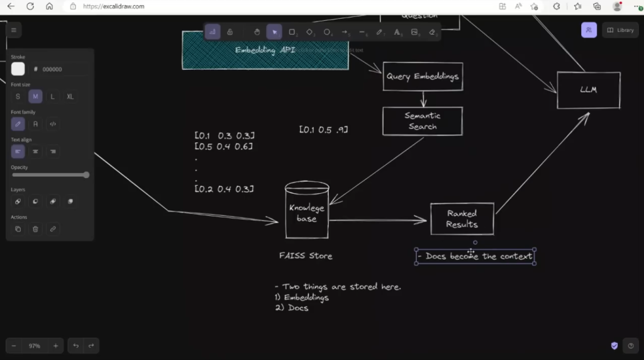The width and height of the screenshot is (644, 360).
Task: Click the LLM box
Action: (588, 90)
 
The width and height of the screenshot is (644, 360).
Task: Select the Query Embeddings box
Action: (423, 76)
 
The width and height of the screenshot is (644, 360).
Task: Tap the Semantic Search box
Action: (422, 121)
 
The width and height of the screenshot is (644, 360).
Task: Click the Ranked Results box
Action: (462, 218)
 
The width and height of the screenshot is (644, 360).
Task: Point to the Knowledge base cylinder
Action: (307, 213)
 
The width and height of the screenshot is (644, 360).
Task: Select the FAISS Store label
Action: (306, 256)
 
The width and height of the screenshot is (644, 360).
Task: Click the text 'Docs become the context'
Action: (475, 256)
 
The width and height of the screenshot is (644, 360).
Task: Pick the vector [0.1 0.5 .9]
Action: (323, 130)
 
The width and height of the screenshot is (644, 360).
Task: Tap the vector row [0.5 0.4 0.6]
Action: (224, 147)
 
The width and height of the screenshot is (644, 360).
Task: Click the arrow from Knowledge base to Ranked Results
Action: (377, 220)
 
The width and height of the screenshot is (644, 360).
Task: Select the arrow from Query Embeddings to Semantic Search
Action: (423, 99)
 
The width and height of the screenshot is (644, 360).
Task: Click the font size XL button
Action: (70, 96)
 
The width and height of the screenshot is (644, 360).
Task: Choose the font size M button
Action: (35, 96)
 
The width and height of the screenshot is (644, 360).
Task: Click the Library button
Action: (620, 30)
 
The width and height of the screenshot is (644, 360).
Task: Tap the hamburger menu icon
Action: (13, 30)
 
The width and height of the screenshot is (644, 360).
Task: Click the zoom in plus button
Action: (55, 346)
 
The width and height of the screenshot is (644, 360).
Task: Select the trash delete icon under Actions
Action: (35, 229)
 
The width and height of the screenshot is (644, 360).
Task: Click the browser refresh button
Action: (30, 6)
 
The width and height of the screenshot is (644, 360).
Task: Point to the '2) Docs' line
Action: (292, 308)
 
